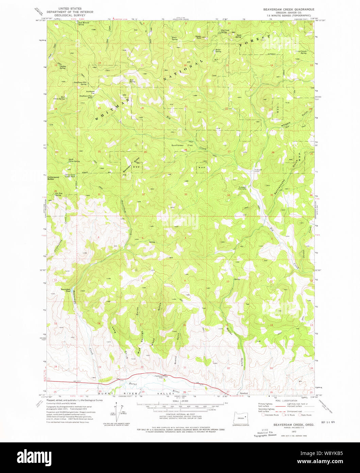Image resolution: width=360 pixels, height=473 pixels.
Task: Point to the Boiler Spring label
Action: click(218, 51)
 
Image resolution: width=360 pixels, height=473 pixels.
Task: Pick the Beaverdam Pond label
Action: click(65, 290)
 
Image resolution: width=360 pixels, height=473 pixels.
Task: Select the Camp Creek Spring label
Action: click(301, 52)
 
